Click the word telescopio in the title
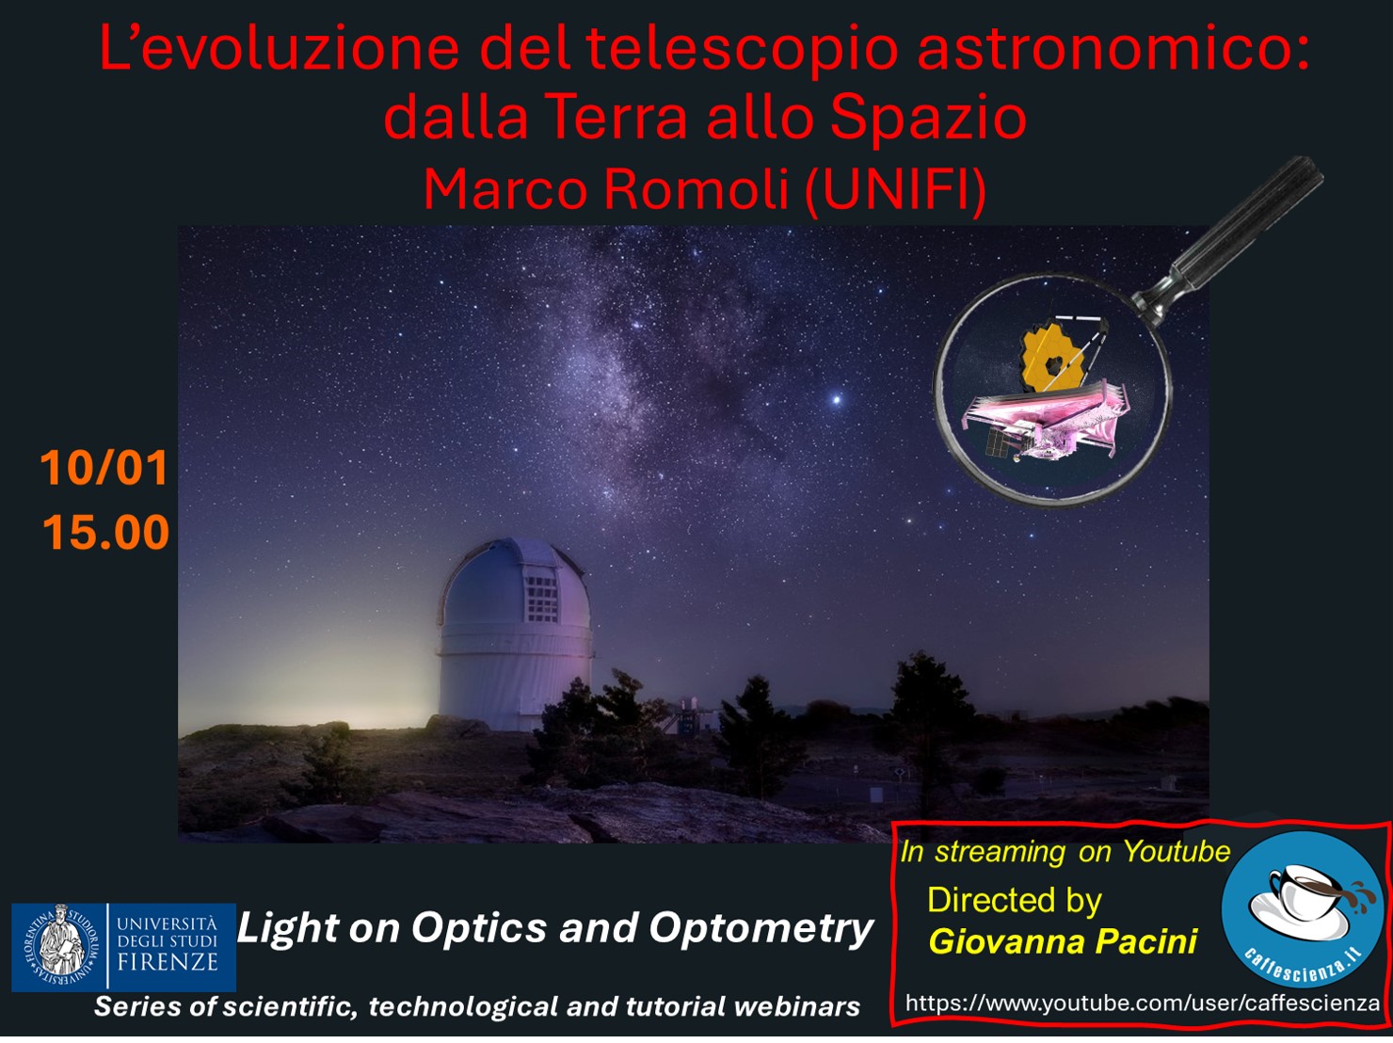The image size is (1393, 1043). (742, 50)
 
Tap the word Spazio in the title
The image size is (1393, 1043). (928, 118)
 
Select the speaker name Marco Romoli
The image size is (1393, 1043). (606, 190)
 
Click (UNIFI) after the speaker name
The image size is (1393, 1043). (895, 190)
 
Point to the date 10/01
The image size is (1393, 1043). (104, 468)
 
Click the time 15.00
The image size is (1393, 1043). (106, 532)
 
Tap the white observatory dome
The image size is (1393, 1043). (515, 634)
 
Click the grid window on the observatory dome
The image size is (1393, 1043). (541, 599)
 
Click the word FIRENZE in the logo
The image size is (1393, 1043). (168, 962)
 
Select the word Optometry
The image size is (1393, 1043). (761, 929)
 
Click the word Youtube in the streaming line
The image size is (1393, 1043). (1177, 851)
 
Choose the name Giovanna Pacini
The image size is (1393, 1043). (1063, 940)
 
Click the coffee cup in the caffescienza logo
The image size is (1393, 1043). (1307, 891)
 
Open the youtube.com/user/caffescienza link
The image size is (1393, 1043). (1143, 1003)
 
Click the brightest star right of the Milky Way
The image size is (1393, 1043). (837, 400)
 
